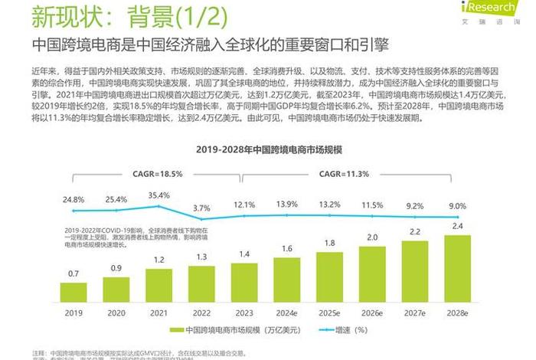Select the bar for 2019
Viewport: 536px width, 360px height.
click(x=74, y=293)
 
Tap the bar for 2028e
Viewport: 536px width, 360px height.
click(x=456, y=269)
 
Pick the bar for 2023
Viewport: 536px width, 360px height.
click(x=243, y=283)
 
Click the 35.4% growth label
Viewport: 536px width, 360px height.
click(x=159, y=195)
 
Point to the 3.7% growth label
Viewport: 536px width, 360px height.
click(x=201, y=208)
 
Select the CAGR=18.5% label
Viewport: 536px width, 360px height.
click(x=158, y=174)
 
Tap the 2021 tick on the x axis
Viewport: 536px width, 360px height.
click(x=159, y=313)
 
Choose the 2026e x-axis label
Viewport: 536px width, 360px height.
click(x=371, y=313)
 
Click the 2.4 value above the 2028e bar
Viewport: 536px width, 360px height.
click(x=456, y=227)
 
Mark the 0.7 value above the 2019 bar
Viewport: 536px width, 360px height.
click(x=74, y=273)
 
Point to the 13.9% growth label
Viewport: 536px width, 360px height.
click(x=286, y=204)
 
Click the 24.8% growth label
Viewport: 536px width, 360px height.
click(x=74, y=199)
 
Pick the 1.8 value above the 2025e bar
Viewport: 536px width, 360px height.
click(x=328, y=243)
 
